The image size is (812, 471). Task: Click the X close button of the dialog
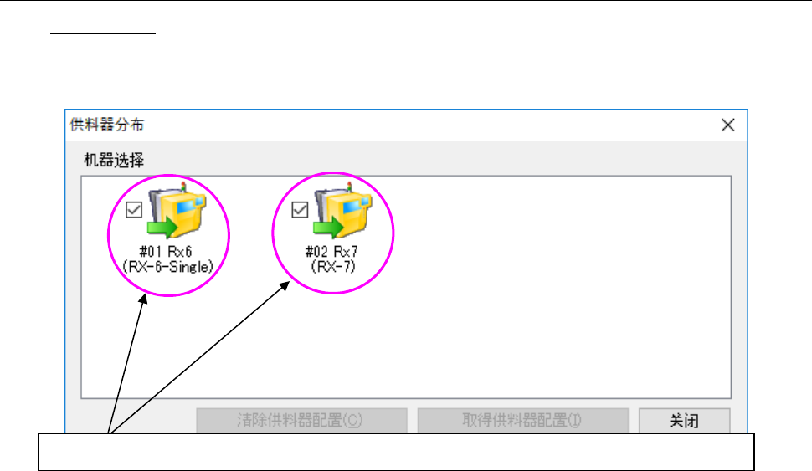tap(727, 125)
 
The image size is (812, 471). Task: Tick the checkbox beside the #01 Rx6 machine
tap(133, 210)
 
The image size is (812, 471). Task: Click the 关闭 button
tap(684, 421)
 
